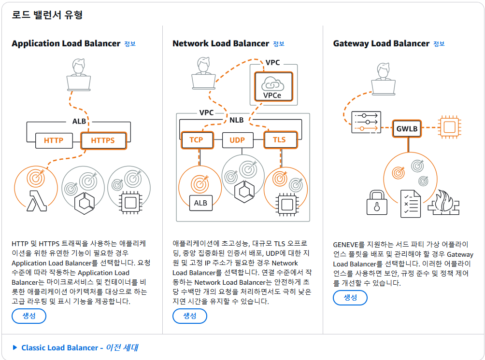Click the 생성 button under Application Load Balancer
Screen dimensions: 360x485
coord(29,316)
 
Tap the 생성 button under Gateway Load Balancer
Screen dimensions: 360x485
coord(350,298)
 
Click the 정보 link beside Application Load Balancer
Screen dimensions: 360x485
coord(130,44)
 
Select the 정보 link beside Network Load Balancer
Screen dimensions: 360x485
coord(279,44)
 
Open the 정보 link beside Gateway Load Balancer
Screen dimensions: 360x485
coord(439,44)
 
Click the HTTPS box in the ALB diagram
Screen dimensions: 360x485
coord(103,141)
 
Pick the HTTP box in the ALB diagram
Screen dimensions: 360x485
coord(53,141)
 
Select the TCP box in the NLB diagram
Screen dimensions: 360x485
coord(196,140)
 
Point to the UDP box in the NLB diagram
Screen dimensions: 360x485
coord(237,140)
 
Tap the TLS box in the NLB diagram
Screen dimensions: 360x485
coord(279,140)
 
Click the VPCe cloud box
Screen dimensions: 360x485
coord(273,87)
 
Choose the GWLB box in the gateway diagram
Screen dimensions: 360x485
coord(407,129)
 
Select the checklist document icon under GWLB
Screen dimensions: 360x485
coord(410,203)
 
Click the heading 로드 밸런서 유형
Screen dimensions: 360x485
coord(47,15)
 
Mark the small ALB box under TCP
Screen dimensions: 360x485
coord(200,203)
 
